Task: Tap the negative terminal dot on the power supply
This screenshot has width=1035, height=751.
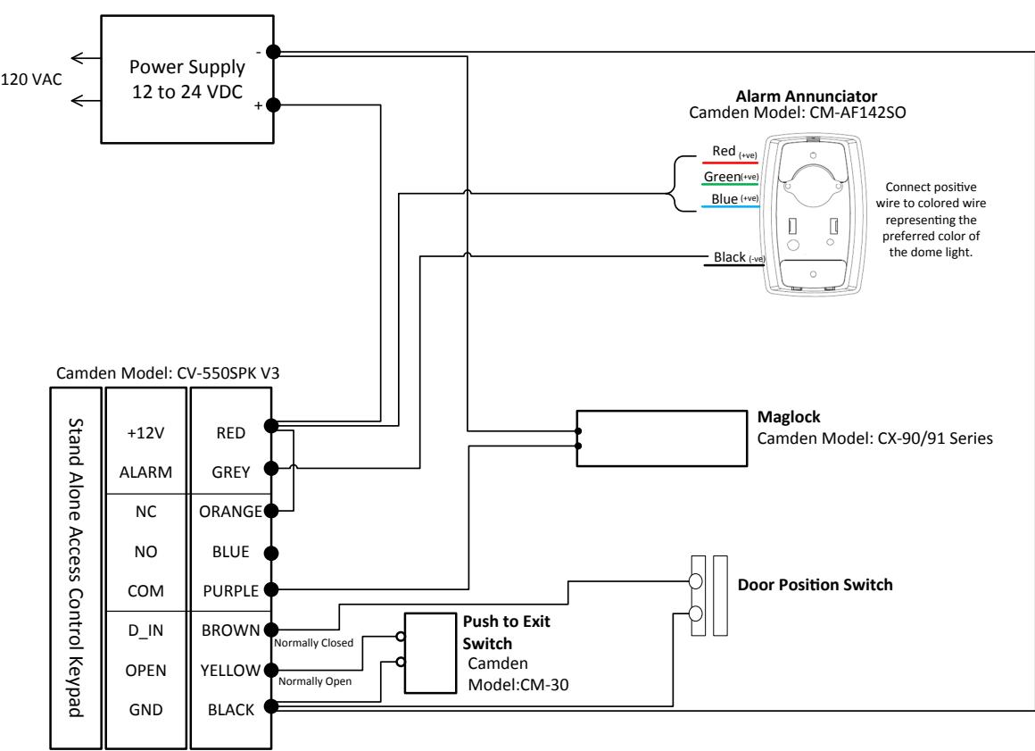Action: point(273,52)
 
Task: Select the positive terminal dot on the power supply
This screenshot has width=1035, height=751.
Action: point(273,104)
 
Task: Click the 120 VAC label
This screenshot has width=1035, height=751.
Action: point(31,79)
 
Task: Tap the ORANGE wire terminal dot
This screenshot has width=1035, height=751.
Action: point(270,511)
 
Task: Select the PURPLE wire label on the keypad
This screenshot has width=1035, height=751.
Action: point(230,591)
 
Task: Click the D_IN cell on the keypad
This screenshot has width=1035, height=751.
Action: point(145,630)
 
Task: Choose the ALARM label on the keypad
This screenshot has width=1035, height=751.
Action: point(145,472)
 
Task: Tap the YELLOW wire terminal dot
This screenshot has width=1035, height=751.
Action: point(270,670)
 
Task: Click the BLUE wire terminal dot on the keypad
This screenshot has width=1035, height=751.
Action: point(270,553)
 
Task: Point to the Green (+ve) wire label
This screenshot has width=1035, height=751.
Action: point(731,176)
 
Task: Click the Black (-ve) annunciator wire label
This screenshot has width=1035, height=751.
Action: point(739,257)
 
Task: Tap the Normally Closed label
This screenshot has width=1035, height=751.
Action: point(313,643)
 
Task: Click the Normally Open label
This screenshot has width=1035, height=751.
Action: point(315,681)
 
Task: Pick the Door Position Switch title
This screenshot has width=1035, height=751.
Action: point(816,585)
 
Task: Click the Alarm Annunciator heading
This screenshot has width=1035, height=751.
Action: point(807,96)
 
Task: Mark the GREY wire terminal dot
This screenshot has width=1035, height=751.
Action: point(270,468)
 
